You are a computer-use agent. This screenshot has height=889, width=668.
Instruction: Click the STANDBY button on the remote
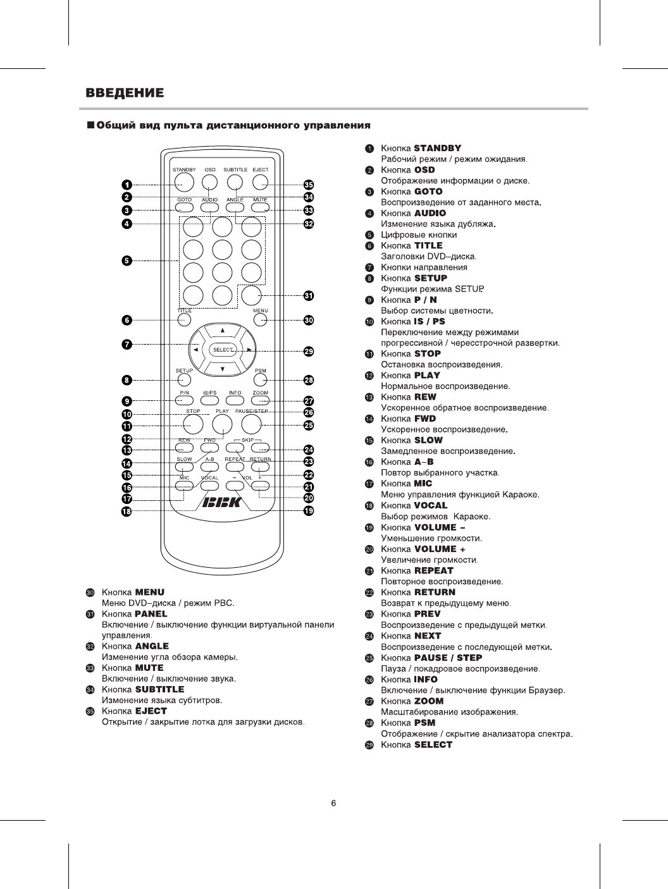(184, 182)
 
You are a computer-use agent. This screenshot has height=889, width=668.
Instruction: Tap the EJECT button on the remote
(260, 182)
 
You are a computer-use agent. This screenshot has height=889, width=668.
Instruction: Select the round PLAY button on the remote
(222, 423)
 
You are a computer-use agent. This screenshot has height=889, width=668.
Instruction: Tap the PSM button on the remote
(260, 379)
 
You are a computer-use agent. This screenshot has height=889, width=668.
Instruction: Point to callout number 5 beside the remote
(127, 261)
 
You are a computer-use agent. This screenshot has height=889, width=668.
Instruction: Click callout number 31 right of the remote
(309, 296)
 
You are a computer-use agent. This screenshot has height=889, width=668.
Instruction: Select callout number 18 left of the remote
(127, 511)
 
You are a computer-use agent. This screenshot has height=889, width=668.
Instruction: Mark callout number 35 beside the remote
(309, 185)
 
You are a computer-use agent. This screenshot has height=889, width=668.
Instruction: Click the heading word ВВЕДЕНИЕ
(125, 94)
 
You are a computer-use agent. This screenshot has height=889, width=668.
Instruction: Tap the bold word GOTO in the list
(428, 192)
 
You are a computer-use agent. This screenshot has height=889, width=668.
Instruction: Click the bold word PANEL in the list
(151, 614)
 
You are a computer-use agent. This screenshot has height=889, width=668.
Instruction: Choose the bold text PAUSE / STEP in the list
(448, 658)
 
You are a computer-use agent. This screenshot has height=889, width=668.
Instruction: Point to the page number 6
(334, 804)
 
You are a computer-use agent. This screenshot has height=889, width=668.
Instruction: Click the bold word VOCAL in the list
(430, 506)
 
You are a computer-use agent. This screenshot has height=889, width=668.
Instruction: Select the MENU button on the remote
(260, 320)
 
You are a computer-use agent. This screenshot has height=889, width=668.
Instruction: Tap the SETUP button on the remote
(184, 379)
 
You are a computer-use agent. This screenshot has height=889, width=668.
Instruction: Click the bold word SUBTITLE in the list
(159, 689)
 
